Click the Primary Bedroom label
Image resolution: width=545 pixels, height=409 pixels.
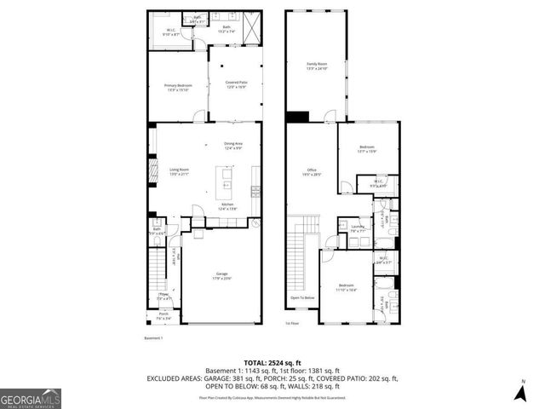pyautogui.click(x=178, y=86)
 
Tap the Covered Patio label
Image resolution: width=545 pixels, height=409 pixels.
pyautogui.click(x=236, y=84)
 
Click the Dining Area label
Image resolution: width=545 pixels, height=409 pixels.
pyautogui.click(x=233, y=145)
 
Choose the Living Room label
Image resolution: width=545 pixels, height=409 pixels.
pyautogui.click(x=178, y=172)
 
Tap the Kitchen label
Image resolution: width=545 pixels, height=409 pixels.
pyautogui.click(x=227, y=205)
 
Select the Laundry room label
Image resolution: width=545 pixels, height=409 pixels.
pyautogui.click(x=358, y=228)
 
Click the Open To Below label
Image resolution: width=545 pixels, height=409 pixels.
pyautogui.click(x=302, y=297)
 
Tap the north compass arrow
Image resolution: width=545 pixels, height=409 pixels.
pyautogui.click(x=523, y=393)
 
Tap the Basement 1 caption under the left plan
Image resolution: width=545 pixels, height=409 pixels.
pyautogui.click(x=154, y=337)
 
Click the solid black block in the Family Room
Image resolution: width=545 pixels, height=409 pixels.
pyautogui.click(x=297, y=117)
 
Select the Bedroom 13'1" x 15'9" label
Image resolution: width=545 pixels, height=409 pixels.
pyautogui.click(x=368, y=149)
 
